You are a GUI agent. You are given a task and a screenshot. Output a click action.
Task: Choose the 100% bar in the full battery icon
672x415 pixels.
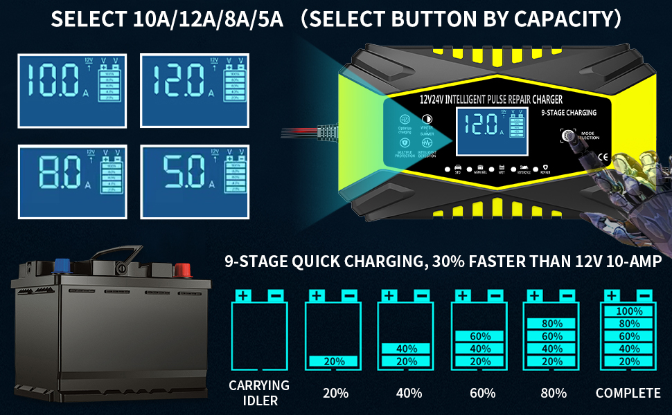[628, 311]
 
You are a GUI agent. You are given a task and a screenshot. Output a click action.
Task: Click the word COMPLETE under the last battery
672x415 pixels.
[628, 393]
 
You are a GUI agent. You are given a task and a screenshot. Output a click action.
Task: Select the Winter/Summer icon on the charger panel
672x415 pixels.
[427, 119]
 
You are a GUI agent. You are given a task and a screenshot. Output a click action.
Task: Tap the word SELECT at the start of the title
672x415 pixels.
[83, 19]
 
